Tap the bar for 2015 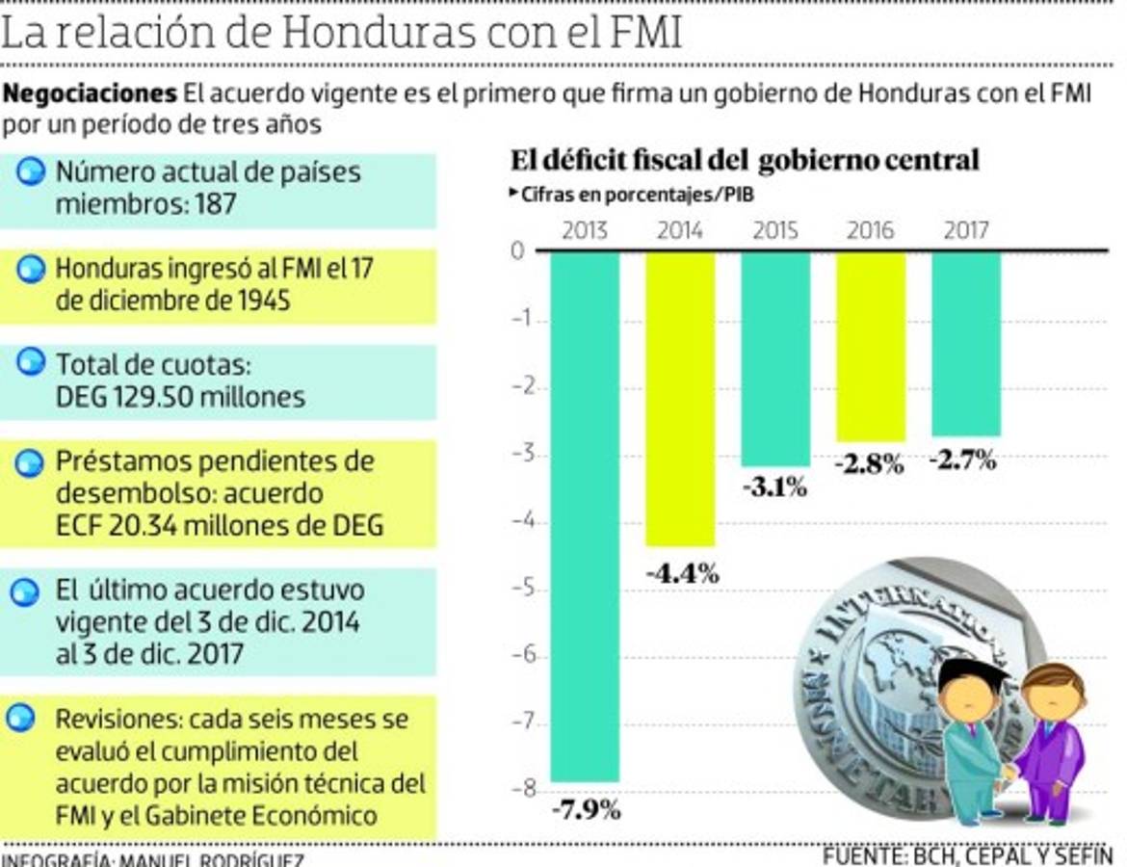tap(775, 358)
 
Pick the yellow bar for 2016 tap(871, 346)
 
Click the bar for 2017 tap(966, 343)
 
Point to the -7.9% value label tap(586, 809)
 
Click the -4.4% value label tap(682, 574)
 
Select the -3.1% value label tap(774, 487)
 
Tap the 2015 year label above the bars tap(775, 230)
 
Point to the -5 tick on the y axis tap(520, 590)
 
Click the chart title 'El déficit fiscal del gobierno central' tap(744, 160)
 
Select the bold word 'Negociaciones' tap(91, 94)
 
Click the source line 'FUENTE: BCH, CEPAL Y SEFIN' tap(967, 855)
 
